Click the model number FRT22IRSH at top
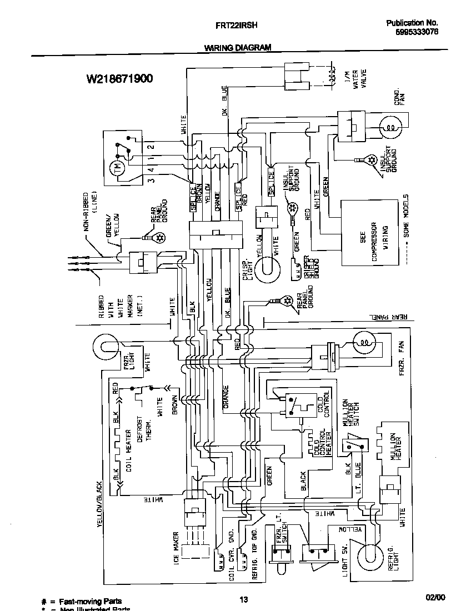[x=235, y=25]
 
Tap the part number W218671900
[x=119, y=79]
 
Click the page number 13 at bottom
[x=243, y=599]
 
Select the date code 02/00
[x=435, y=598]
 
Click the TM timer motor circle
[x=117, y=169]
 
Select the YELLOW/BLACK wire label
[x=101, y=503]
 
